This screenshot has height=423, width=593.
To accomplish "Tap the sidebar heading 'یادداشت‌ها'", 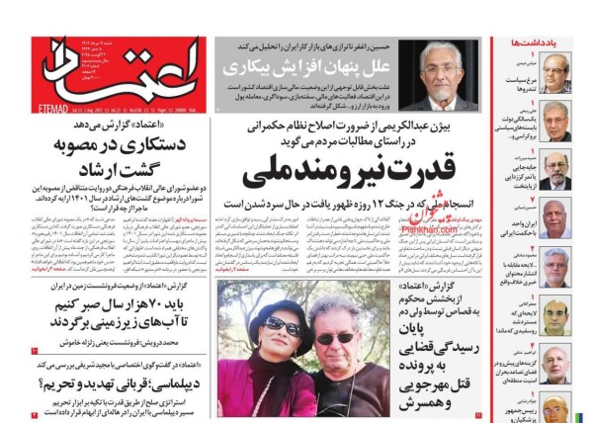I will (x=534, y=44).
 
